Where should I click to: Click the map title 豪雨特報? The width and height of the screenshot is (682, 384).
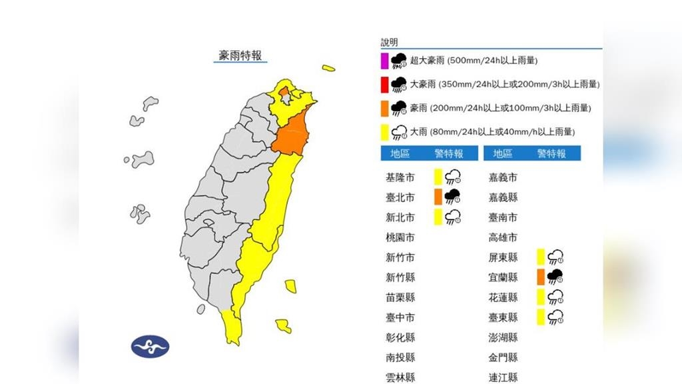click(x=240, y=55)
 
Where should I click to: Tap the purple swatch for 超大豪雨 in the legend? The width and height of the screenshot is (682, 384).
click(x=384, y=61)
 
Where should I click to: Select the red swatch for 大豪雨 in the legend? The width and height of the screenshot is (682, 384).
click(x=384, y=85)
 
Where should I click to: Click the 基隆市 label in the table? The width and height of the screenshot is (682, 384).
click(x=400, y=177)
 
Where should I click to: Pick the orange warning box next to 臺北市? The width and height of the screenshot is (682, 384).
click(x=438, y=197)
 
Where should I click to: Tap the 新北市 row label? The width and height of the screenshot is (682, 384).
click(x=400, y=217)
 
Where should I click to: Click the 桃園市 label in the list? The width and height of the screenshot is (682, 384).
click(x=400, y=237)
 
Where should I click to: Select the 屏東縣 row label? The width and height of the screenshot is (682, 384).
click(x=503, y=257)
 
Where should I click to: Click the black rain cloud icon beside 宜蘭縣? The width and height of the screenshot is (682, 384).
click(x=555, y=277)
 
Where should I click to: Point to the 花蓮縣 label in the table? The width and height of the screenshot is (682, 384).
click(x=503, y=297)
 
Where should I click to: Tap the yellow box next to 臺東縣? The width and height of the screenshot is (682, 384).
click(x=540, y=317)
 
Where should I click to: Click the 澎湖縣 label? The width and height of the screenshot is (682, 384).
click(x=503, y=337)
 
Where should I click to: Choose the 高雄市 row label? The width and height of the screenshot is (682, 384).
click(x=503, y=237)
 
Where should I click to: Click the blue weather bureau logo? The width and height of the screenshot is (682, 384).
click(x=150, y=346)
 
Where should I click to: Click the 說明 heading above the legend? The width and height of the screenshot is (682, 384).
click(x=389, y=42)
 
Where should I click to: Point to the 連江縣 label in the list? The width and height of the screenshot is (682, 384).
click(x=503, y=377)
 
